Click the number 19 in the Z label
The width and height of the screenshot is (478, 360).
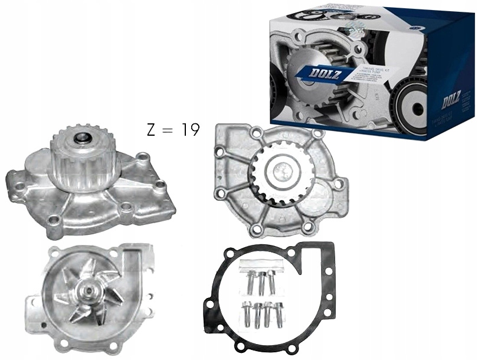coord(190,130)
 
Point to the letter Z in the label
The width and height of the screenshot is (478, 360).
coord(151,130)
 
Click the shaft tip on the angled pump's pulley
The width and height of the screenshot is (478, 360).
coord(80,140)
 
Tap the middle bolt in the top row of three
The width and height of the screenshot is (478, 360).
coord(260,281)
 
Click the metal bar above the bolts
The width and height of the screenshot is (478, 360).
coord(260,263)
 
